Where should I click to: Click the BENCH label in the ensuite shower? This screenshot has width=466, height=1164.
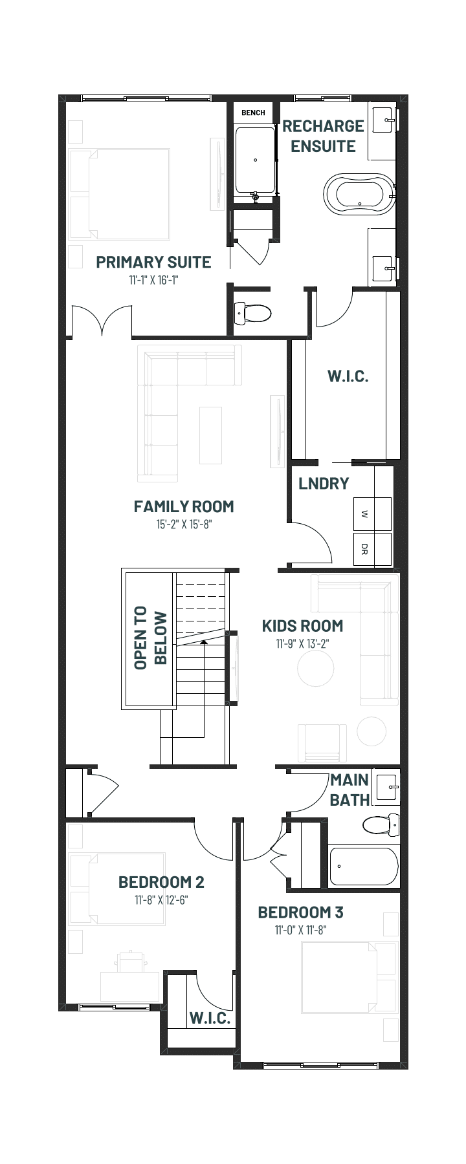pyautogui.click(x=253, y=113)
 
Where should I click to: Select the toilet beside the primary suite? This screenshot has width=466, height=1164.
pyautogui.click(x=252, y=314)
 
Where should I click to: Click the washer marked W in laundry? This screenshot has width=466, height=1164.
pyautogui.click(x=372, y=515)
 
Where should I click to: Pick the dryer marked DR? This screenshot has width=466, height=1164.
pyautogui.click(x=372, y=550)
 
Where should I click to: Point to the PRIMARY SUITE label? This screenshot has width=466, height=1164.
pyautogui.click(x=153, y=262)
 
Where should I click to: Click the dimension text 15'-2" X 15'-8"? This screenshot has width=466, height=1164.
pyautogui.click(x=184, y=524)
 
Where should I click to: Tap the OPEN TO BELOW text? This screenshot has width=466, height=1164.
pyautogui.click(x=150, y=638)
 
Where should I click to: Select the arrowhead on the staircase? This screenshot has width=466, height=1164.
pyautogui.click(x=204, y=643)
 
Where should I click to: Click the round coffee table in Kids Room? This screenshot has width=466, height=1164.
pyautogui.click(x=316, y=667)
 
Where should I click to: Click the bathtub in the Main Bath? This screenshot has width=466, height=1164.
pyautogui.click(x=363, y=867)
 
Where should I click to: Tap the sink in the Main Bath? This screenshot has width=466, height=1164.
pyautogui.click(x=388, y=787)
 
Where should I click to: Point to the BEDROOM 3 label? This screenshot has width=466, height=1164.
pyautogui.click(x=300, y=912)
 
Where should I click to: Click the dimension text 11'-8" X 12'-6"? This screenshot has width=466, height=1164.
pyautogui.click(x=161, y=900)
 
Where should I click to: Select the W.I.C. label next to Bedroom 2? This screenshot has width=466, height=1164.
pyautogui.click(x=210, y=1018)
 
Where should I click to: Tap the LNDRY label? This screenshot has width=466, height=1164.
pyautogui.click(x=324, y=483)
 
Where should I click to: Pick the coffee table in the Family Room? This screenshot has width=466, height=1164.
pyautogui.click(x=210, y=435)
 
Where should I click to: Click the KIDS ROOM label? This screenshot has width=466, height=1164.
pyautogui.click(x=302, y=625)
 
